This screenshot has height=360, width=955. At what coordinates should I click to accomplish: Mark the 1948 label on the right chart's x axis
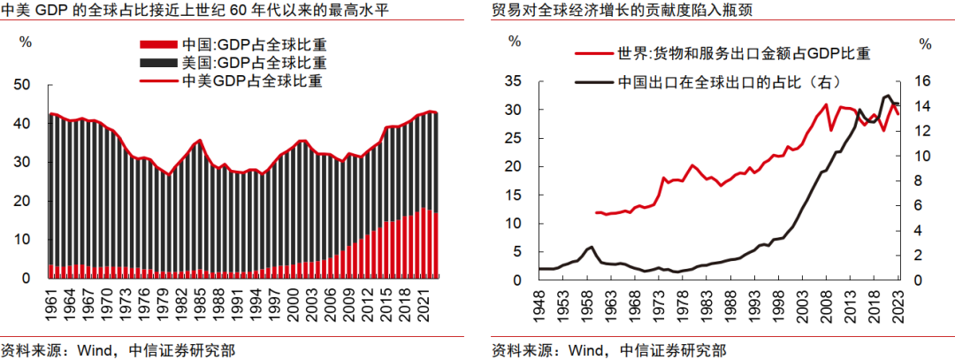coord(539,304)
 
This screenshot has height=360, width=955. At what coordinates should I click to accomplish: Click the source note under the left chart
coord(118,350)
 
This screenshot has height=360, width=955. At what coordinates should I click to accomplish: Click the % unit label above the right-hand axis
coord(925,43)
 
